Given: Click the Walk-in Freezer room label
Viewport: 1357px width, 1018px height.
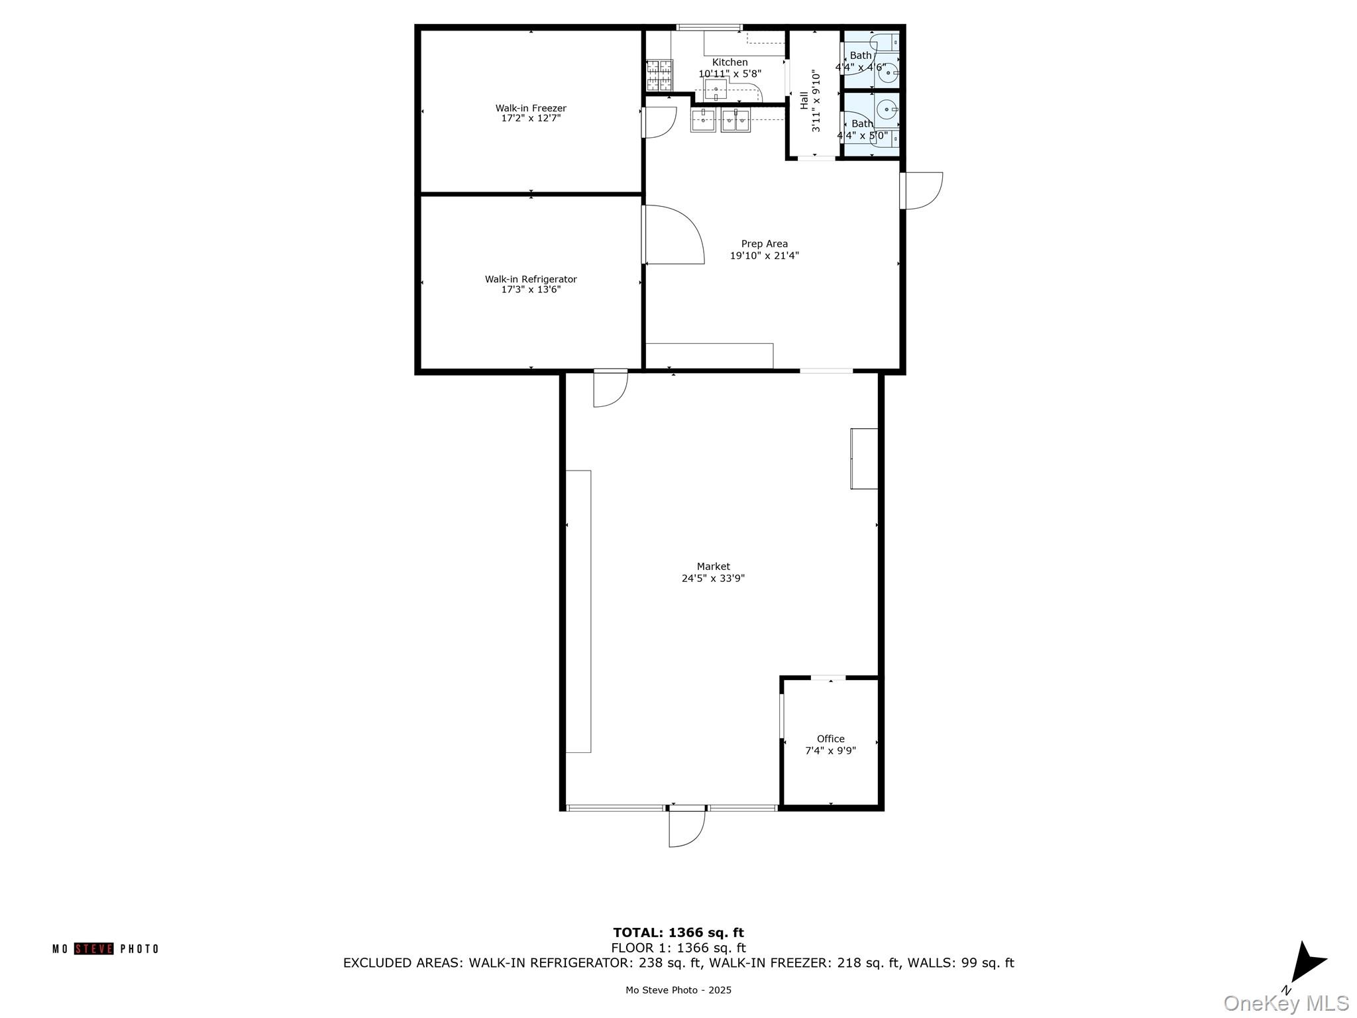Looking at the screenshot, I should (x=531, y=108).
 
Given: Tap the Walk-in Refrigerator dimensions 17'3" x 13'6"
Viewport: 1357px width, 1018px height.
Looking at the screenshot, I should (x=531, y=290).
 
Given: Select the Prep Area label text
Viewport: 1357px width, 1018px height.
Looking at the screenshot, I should (x=764, y=244).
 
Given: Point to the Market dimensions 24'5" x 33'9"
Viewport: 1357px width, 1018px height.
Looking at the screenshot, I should (x=713, y=578).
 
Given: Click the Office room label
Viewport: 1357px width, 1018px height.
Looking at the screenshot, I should (x=830, y=739).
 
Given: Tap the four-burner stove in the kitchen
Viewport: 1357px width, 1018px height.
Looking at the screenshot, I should (x=659, y=75).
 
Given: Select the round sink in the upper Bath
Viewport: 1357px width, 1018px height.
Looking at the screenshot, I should (x=888, y=73).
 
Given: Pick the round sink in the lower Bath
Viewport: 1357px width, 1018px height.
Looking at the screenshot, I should (x=886, y=108).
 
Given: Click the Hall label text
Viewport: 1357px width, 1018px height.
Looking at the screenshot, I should (x=804, y=101).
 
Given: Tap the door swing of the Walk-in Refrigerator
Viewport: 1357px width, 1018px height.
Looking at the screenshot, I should (x=673, y=235).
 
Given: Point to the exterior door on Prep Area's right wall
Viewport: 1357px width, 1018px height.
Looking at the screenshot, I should (x=922, y=191).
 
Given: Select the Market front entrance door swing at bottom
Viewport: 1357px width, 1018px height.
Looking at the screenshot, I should (x=686, y=828).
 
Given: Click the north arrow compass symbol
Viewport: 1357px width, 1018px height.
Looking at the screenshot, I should (x=1306, y=962).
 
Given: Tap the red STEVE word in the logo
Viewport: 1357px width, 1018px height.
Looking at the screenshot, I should (x=93, y=949).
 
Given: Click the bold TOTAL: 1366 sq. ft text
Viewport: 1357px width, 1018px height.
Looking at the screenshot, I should (x=678, y=933).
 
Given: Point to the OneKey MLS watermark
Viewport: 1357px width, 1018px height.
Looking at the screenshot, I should (x=1285, y=1003).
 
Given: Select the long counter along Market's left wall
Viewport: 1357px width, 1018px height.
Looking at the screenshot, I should (x=578, y=611).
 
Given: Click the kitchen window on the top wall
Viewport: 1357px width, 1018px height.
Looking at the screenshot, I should (x=709, y=28).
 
